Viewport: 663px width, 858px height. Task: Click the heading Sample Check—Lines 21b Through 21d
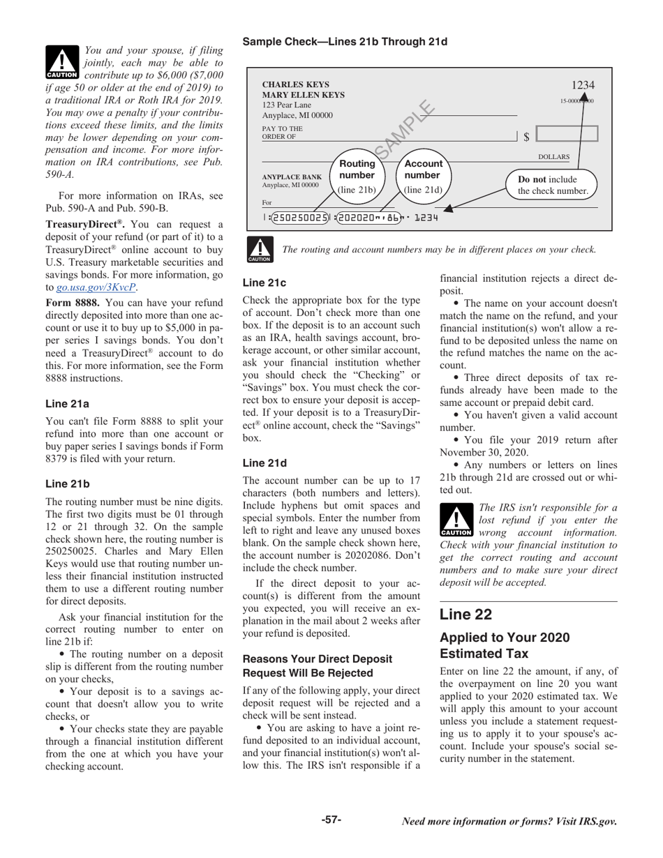click(345, 42)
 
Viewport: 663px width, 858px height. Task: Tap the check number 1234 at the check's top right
click(583, 85)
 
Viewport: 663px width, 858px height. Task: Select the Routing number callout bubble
click(357, 174)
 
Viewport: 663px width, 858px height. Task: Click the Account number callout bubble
click(423, 174)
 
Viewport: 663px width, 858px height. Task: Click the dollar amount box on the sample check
click(567, 135)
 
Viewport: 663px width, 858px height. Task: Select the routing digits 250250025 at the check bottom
click(299, 218)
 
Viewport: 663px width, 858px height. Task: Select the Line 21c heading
click(264, 283)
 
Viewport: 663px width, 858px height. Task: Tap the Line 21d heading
click(265, 462)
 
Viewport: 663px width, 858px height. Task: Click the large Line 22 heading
click(465, 614)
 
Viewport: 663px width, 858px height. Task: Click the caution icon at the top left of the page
click(62, 61)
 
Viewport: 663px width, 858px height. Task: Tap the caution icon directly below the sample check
click(259, 250)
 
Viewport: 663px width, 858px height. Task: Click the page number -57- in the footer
click(331, 820)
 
